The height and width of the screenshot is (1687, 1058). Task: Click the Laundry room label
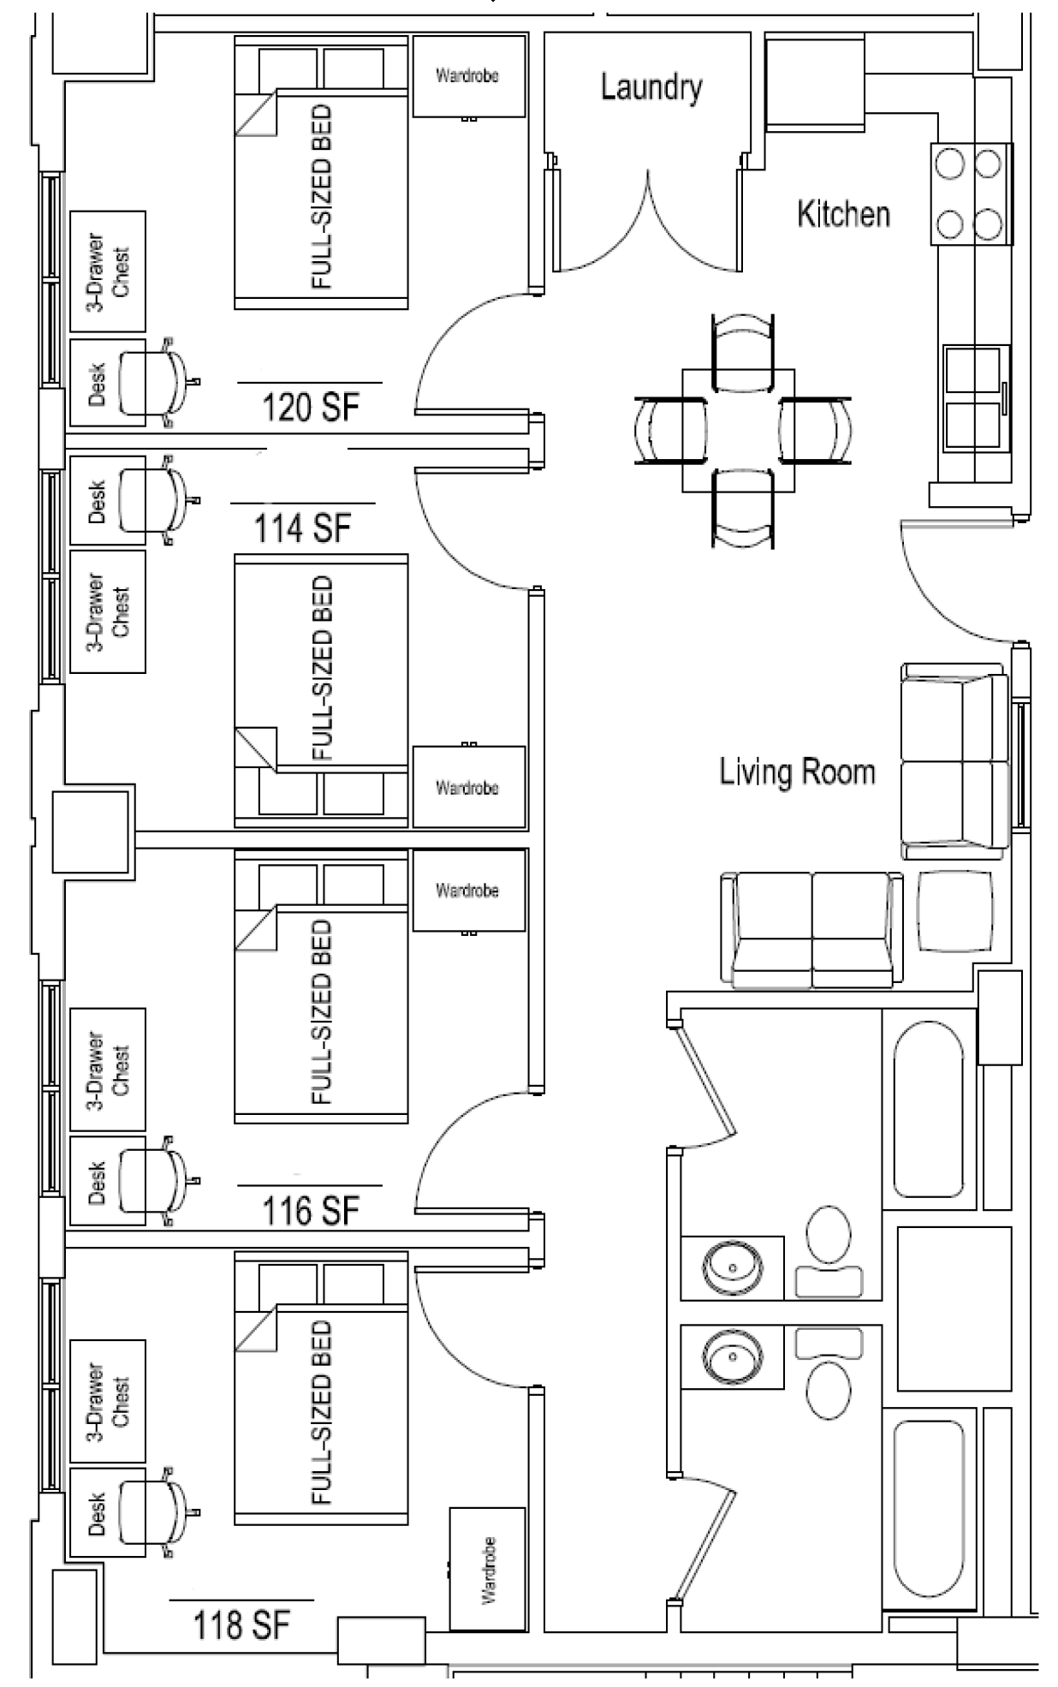point(651,87)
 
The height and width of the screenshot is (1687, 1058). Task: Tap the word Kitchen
point(843,214)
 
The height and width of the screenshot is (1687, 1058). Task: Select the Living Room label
point(797,772)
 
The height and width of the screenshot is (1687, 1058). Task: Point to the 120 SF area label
point(311,407)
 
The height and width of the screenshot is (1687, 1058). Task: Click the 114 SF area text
point(303,528)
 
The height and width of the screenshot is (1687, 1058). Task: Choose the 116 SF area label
point(311,1211)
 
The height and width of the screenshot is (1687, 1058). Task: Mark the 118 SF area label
point(242,1624)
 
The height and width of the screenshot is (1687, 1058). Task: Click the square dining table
point(738,430)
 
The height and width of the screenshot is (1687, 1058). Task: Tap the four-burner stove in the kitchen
point(971,194)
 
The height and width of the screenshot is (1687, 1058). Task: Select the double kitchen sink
point(977,398)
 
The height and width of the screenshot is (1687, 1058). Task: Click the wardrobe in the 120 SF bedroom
point(468,76)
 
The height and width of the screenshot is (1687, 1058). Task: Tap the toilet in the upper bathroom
point(828,1249)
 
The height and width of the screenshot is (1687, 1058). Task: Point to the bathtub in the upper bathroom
point(930,1108)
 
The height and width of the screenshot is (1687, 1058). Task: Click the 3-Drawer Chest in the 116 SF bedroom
point(108,1069)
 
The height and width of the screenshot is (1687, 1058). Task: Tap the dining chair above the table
point(743,345)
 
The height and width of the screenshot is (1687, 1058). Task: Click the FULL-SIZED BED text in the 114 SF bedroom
point(323,667)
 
